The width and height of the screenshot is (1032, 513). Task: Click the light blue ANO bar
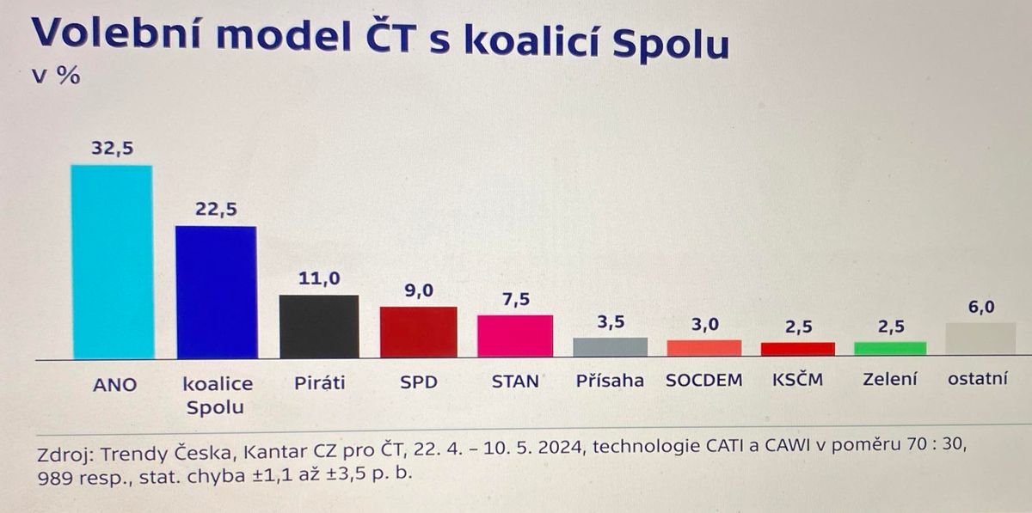(x=113, y=262)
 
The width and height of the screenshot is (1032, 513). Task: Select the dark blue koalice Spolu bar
(x=217, y=292)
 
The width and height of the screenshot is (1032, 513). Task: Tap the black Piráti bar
(x=319, y=327)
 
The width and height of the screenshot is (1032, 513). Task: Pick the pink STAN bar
(x=515, y=336)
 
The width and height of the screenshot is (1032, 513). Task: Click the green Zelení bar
(x=890, y=348)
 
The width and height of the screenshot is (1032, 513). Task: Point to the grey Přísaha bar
(x=611, y=347)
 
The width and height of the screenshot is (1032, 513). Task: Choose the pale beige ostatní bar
(x=981, y=339)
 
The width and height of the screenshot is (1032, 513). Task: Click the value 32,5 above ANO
(x=113, y=149)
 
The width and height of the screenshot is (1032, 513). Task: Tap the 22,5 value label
(x=216, y=209)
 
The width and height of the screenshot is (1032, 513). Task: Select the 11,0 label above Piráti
(x=319, y=278)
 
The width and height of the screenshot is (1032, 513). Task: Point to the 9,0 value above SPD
(x=419, y=290)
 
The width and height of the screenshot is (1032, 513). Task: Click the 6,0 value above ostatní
(x=981, y=307)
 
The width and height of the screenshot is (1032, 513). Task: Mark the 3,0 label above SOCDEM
(x=705, y=325)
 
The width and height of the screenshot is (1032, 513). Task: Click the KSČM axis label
(x=797, y=380)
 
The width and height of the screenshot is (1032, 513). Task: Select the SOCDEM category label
(x=704, y=381)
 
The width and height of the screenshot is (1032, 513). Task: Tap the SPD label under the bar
(x=419, y=382)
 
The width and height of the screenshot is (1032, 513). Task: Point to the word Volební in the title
(x=116, y=34)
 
